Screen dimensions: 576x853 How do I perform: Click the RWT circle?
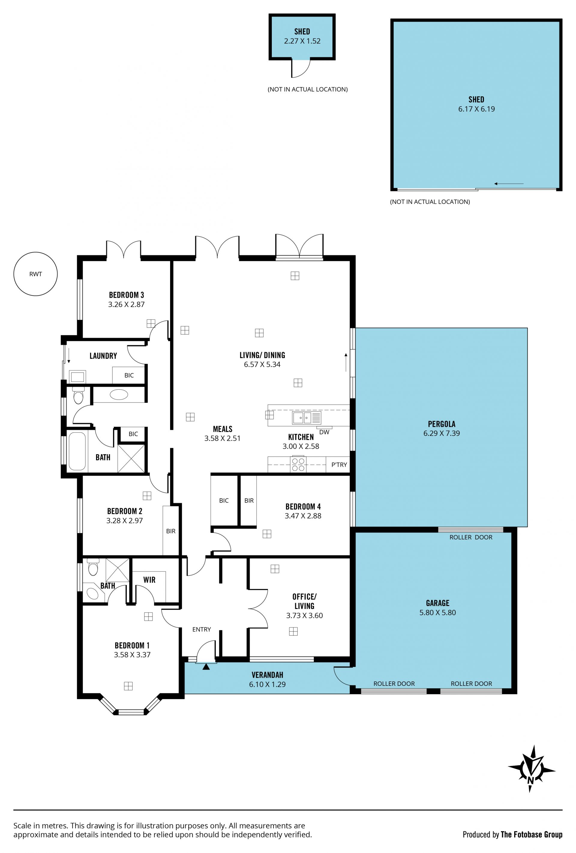[36, 274]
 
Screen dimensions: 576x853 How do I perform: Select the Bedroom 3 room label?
[126, 295]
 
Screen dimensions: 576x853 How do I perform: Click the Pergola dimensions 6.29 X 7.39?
[441, 433]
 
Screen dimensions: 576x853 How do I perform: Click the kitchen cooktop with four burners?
[298, 464]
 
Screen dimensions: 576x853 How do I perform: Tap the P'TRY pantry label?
[339, 465]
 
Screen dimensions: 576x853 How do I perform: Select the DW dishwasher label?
[324, 432]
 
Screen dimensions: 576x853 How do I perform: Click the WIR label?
[149, 580]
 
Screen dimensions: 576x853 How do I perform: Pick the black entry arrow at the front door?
[206, 667]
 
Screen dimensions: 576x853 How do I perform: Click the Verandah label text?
[268, 675]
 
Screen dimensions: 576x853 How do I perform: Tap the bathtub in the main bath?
[77, 451]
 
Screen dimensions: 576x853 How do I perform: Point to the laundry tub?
[77, 377]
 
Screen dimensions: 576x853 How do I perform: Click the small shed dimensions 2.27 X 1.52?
[302, 41]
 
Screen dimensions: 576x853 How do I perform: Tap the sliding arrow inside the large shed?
[508, 183]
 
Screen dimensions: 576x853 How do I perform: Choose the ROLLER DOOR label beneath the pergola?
[471, 537]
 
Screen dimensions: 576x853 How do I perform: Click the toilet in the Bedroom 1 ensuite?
[93, 568]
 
